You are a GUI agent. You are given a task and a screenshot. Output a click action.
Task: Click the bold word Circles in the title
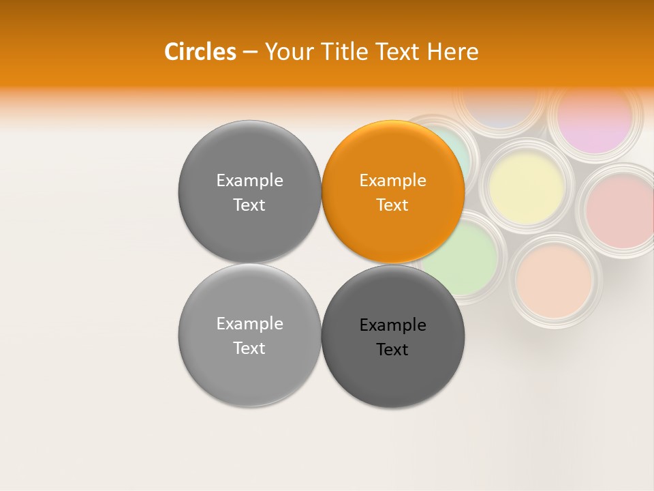(x=200, y=51)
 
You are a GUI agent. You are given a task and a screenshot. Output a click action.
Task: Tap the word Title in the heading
(x=344, y=51)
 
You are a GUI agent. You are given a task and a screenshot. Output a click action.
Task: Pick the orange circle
(x=393, y=192)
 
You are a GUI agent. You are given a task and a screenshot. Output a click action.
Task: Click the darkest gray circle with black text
(x=393, y=337)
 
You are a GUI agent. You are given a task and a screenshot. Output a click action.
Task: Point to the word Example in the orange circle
(x=392, y=181)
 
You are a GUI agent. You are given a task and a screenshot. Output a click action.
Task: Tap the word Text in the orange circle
(x=392, y=205)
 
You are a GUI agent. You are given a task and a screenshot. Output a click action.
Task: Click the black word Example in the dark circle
(x=392, y=325)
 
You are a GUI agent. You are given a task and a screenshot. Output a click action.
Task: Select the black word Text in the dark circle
(x=392, y=349)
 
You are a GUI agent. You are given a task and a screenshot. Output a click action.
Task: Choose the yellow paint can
(x=527, y=184)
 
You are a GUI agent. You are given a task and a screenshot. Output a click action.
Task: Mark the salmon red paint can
(x=619, y=211)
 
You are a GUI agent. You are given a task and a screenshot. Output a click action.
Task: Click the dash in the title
(x=250, y=52)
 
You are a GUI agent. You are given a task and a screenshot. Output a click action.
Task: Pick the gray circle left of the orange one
(x=249, y=192)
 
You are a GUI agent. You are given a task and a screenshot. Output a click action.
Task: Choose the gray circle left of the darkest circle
(x=249, y=336)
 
